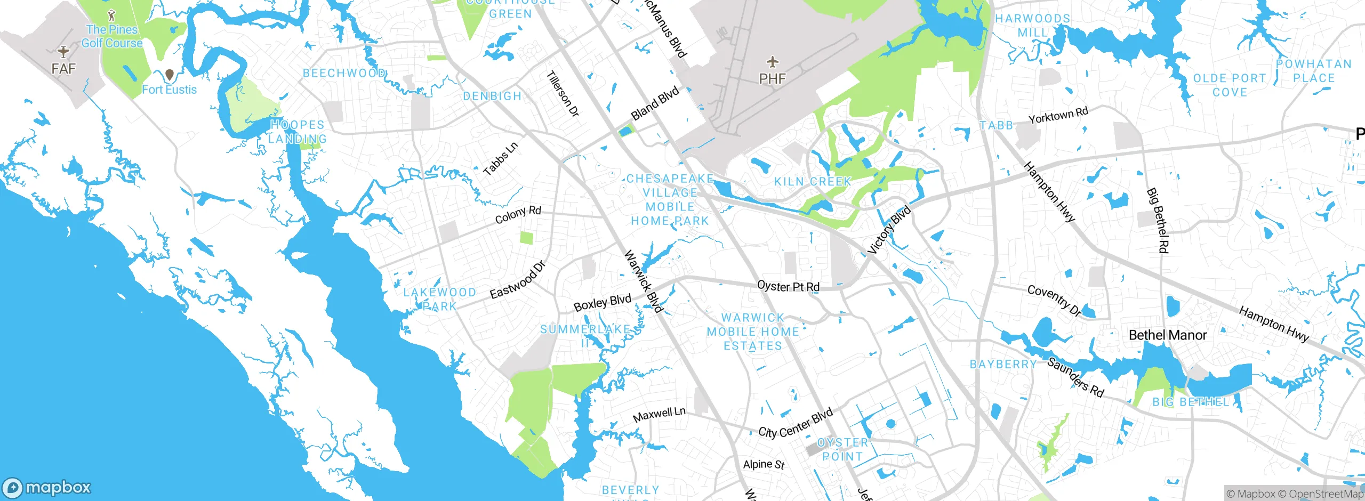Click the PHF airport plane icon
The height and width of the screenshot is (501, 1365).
(x=772, y=62)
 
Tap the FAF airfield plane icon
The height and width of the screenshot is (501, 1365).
(x=63, y=52)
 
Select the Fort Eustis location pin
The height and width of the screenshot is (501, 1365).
(x=170, y=75)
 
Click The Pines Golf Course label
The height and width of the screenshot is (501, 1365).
(x=112, y=36)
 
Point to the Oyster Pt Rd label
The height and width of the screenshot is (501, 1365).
(x=788, y=286)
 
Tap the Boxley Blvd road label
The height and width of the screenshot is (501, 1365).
(x=602, y=303)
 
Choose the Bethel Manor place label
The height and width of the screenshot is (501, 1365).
(x=1168, y=335)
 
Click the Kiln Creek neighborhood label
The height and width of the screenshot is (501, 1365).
(x=813, y=182)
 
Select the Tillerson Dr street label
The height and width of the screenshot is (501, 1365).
(x=563, y=94)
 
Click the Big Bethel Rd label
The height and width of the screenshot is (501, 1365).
(x=1158, y=220)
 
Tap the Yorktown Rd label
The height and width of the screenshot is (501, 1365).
(x=1058, y=115)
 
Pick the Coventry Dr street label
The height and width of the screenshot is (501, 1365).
(x=1054, y=300)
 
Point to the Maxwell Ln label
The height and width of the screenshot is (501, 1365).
(x=659, y=414)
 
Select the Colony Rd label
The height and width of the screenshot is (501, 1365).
(x=518, y=214)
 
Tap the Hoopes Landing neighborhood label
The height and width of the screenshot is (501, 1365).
(x=298, y=132)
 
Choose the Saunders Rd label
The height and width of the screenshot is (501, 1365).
(x=1075, y=377)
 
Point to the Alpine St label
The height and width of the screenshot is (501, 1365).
(x=764, y=464)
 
